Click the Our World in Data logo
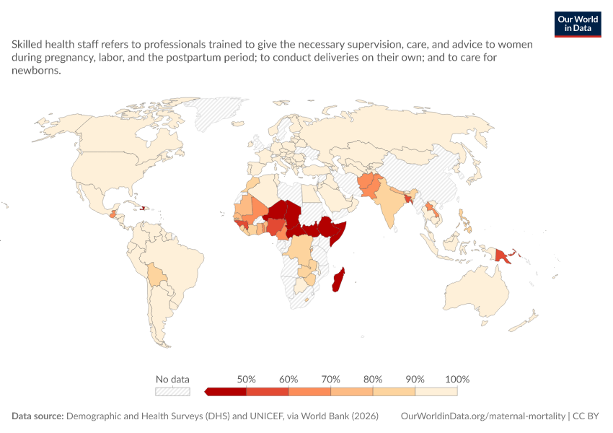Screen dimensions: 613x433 (578, 25)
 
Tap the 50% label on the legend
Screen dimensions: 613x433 (247, 379)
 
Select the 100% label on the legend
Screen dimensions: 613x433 (457, 379)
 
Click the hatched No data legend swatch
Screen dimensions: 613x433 (172, 392)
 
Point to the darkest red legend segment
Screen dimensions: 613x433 (226, 392)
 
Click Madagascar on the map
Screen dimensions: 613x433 (338, 280)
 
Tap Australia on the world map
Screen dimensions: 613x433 (477, 292)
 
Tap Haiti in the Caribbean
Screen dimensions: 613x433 (143, 208)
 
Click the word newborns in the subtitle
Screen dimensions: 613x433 (36, 71)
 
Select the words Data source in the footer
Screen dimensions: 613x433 (38, 416)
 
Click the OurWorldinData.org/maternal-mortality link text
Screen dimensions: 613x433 (482, 416)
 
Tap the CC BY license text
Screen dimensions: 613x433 (586, 416)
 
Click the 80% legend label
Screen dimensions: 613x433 (373, 379)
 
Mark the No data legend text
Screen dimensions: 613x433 (172, 379)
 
